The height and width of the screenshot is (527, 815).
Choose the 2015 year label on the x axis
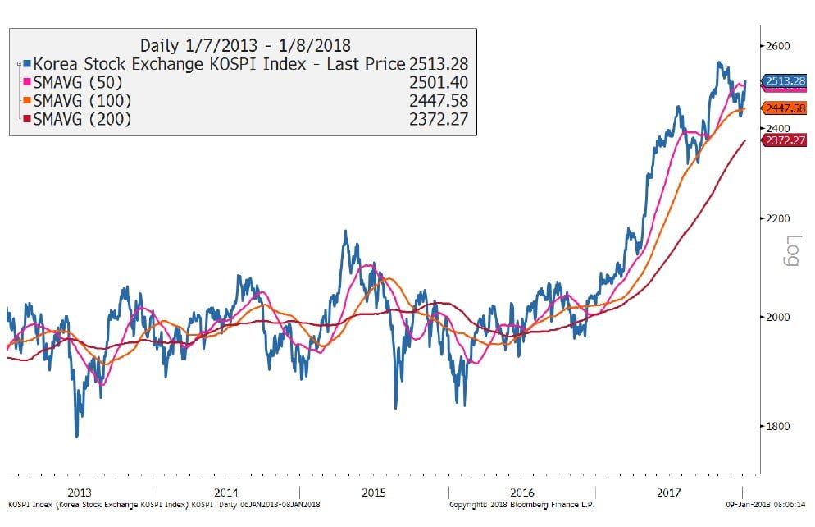coord(374,492)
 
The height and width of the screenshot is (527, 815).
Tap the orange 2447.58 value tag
coord(785,108)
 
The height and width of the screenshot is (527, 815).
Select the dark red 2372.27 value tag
coord(785,140)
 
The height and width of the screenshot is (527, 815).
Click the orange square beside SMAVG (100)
coord(26,100)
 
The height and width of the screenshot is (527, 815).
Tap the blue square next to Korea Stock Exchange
coord(26,62)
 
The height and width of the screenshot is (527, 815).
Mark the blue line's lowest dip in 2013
coord(77,436)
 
